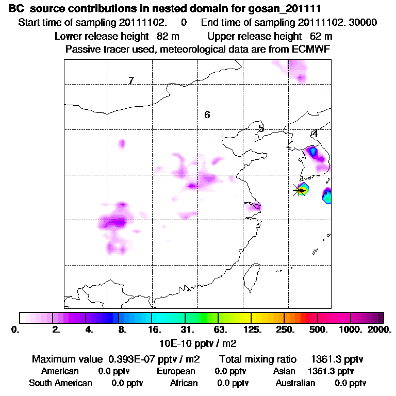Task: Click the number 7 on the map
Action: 131,81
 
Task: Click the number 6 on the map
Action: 207,114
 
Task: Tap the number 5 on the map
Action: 261,128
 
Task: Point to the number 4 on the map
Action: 315,133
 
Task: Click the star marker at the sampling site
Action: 299,190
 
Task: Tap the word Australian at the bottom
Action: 295,383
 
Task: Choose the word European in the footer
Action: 176,371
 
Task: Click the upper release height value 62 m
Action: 321,36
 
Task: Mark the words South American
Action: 60,383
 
